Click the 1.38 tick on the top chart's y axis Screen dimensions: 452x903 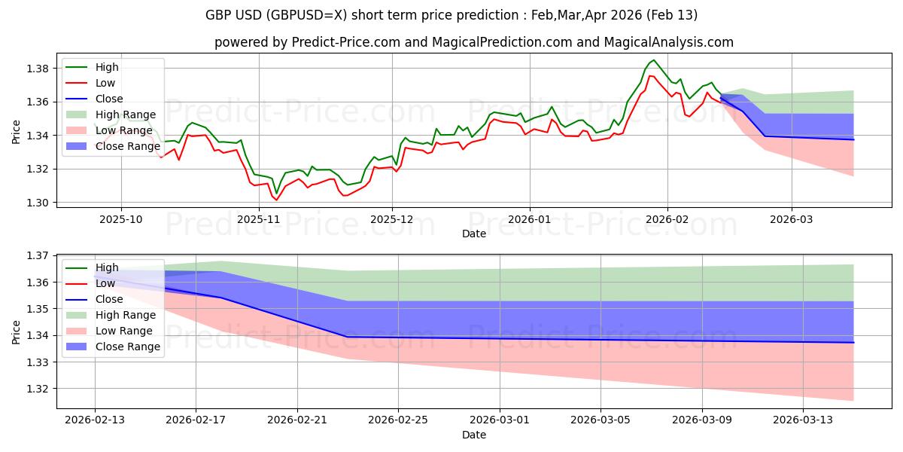tap(39, 69)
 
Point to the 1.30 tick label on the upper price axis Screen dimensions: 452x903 tap(39, 203)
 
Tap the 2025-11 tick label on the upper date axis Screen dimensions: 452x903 tap(259, 218)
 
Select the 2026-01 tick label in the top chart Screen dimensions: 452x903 tap(529, 218)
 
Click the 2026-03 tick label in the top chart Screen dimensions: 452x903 tap(791, 218)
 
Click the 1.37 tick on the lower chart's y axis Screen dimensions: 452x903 tap(39, 256)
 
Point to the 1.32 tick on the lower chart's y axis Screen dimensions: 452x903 tap(39, 389)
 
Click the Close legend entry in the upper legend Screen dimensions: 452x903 tap(109, 99)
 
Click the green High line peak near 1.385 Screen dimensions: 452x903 tap(653, 60)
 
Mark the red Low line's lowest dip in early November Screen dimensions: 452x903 tap(276, 200)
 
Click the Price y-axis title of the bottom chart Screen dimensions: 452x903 tap(16, 331)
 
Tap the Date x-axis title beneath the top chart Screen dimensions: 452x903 tap(474, 234)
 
